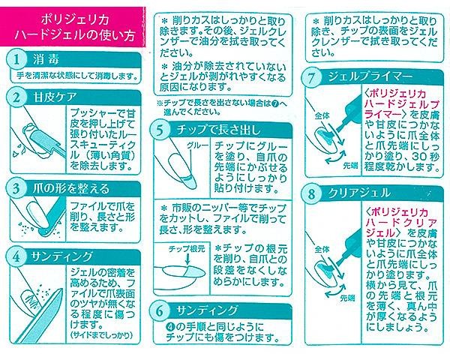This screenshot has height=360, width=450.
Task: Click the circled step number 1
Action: [x=17, y=59]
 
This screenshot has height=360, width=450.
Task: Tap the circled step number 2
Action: [x=17, y=97]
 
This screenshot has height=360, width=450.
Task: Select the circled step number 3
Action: [x=17, y=188]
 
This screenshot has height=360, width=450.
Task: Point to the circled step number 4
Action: [x=17, y=256]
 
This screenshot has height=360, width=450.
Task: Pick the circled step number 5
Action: [x=160, y=130]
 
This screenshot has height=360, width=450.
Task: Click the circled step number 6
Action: [x=160, y=311]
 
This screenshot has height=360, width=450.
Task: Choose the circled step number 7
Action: [x=312, y=77]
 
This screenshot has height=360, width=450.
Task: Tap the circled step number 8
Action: [x=312, y=193]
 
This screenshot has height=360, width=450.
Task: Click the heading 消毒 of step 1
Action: [x=46, y=60]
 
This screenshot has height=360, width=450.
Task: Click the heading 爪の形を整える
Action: [x=71, y=189]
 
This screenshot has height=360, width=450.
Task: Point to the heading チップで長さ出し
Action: [x=218, y=130]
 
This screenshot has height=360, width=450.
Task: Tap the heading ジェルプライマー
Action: [x=370, y=77]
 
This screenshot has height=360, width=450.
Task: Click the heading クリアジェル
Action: [x=359, y=193]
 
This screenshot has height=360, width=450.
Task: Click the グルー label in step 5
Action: [x=197, y=145]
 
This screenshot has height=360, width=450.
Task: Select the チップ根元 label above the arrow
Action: [x=187, y=248]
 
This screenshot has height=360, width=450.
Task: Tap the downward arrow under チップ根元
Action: [x=187, y=259]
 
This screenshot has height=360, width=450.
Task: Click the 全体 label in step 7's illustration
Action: [x=322, y=116]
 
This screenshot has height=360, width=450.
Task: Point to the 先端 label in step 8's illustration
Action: [x=347, y=298]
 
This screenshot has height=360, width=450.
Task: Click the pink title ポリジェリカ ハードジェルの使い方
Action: [x=75, y=28]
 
